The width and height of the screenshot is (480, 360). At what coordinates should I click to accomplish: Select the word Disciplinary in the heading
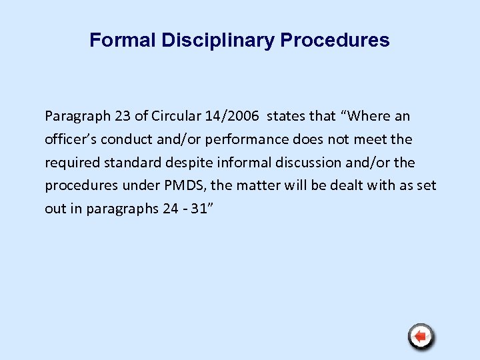pyautogui.click(x=218, y=41)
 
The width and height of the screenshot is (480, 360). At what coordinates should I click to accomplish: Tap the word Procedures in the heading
pyautogui.click(x=335, y=41)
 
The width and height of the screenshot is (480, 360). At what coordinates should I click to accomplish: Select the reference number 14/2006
pyautogui.click(x=226, y=117)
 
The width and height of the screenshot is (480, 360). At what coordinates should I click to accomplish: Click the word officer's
pyautogui.click(x=69, y=140)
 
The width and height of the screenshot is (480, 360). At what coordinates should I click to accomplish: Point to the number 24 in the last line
pyautogui.click(x=170, y=208)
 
